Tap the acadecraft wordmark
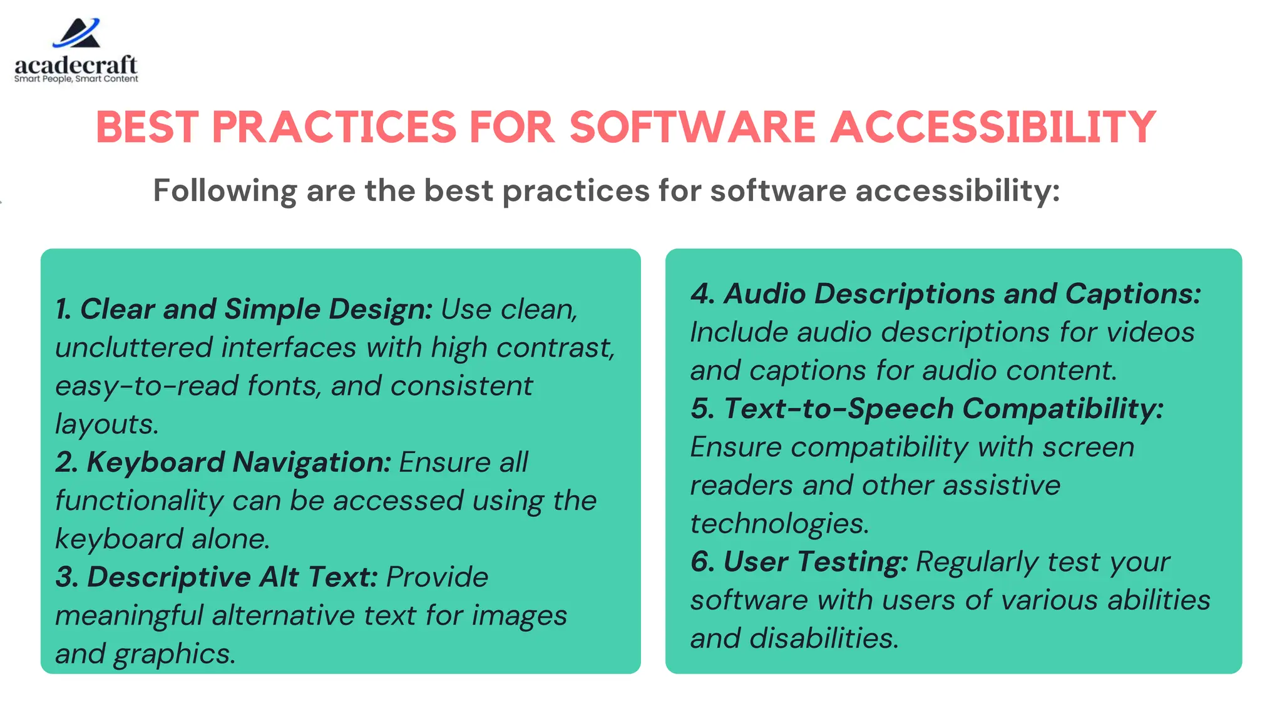pyautogui.click(x=76, y=64)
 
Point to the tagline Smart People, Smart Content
pyautogui.click(x=76, y=79)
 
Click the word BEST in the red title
pyautogui.click(x=147, y=127)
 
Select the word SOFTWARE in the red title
pyautogui.click(x=692, y=127)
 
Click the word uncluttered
pyautogui.click(x=134, y=348)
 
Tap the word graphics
pyautogui.click(x=173, y=654)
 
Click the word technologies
pyautogui.click(x=779, y=523)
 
